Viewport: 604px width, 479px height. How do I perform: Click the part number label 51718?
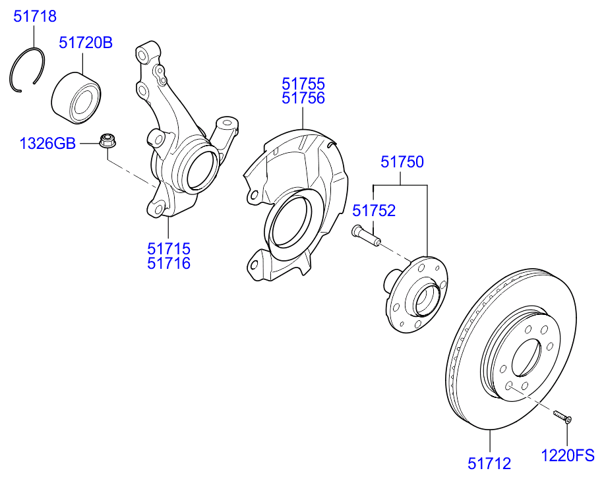click(x=35, y=16)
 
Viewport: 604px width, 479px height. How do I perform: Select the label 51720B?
click(x=86, y=43)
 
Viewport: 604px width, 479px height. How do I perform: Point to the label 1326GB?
click(x=47, y=143)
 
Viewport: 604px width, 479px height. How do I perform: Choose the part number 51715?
click(x=169, y=249)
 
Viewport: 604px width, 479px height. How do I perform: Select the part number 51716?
click(x=169, y=264)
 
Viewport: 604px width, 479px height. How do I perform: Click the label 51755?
click(x=303, y=84)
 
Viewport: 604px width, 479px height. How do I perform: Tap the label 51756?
click(x=303, y=99)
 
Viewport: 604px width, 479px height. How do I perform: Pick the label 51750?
click(x=402, y=162)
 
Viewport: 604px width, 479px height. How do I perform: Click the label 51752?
click(x=374, y=211)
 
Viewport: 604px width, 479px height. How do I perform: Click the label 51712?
click(x=489, y=464)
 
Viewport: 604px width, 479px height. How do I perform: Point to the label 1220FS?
click(x=568, y=455)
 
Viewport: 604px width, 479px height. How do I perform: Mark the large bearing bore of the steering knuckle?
click(x=202, y=169)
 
